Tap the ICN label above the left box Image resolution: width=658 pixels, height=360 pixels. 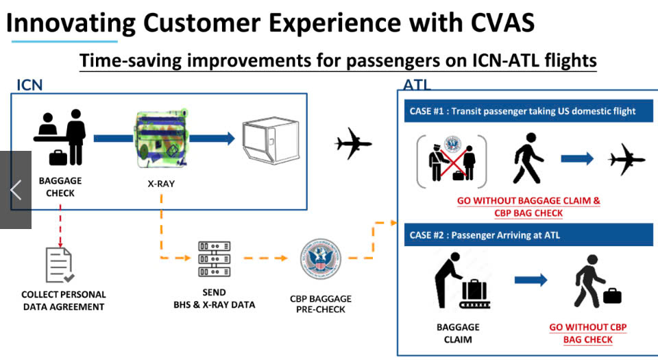[29, 85]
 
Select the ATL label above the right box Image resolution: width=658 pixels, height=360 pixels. [417, 86]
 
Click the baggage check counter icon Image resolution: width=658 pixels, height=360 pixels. [60, 138]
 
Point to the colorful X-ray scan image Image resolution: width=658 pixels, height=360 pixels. [160, 138]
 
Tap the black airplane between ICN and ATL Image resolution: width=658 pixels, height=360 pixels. [353, 144]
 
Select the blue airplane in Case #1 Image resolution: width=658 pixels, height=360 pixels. [627, 158]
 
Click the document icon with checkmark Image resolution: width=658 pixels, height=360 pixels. [60, 265]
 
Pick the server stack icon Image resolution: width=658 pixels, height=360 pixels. [214, 259]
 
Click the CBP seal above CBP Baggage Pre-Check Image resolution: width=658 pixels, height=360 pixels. [320, 259]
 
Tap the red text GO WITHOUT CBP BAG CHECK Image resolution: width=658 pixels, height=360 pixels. [588, 333]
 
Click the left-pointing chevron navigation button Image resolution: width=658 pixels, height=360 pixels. [16, 190]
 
